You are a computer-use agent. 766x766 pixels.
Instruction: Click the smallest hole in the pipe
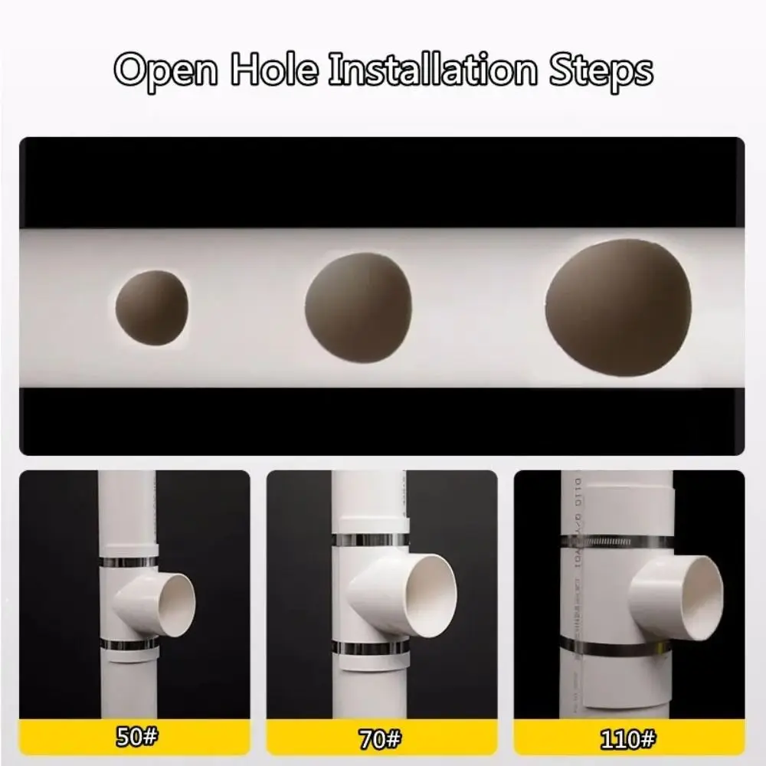coord(152,307)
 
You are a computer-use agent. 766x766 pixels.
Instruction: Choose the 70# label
coord(381,739)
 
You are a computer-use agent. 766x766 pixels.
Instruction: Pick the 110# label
coord(629,739)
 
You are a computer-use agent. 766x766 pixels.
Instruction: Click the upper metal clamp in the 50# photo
coord(129,561)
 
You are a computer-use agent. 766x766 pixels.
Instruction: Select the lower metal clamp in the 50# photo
coord(129,646)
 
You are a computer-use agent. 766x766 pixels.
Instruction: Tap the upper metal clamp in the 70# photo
coord(370,540)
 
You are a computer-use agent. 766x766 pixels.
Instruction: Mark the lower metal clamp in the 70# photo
coord(370,650)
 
